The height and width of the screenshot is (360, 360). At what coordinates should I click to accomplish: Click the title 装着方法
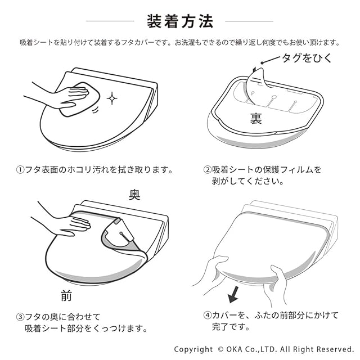point(180,21)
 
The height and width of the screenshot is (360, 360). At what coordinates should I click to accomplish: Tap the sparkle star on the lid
point(112,98)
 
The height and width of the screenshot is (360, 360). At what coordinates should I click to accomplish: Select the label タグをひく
point(307,58)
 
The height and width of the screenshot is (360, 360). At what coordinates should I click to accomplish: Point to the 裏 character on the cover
point(256,119)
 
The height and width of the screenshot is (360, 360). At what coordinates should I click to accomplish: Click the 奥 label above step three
point(134,195)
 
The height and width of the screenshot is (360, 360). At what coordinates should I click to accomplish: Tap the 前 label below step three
point(66,295)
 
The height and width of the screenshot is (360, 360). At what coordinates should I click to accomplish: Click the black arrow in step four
point(234,295)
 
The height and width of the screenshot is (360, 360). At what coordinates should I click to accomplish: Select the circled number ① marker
point(20,170)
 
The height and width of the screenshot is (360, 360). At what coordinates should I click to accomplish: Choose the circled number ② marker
point(208,170)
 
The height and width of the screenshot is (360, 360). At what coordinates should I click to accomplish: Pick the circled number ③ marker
point(20,317)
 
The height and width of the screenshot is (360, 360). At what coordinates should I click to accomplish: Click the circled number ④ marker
point(208,315)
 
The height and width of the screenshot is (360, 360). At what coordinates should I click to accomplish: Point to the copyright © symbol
point(220,349)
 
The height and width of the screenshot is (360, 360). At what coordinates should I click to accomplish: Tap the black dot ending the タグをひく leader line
point(262,62)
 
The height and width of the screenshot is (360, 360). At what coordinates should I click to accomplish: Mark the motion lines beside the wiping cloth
point(95,110)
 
